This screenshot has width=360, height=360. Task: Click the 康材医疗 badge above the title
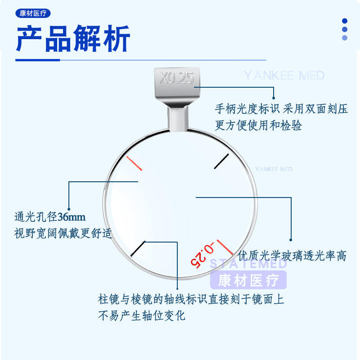[32, 13]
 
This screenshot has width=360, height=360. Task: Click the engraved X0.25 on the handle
[177, 78]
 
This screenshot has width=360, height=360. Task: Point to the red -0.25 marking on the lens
[202, 255]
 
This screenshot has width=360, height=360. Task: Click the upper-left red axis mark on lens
[135, 163]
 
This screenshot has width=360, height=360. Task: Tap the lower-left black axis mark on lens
[138, 249]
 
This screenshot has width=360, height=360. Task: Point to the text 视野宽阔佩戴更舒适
[63, 234]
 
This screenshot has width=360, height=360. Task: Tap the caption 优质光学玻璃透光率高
[292, 256]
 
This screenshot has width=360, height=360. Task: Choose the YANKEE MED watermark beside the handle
[284, 75]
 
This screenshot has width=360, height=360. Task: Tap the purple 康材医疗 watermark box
[248, 281]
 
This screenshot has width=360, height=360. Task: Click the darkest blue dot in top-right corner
[345, 21]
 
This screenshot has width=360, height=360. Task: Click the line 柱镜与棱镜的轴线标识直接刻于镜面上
[191, 298]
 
